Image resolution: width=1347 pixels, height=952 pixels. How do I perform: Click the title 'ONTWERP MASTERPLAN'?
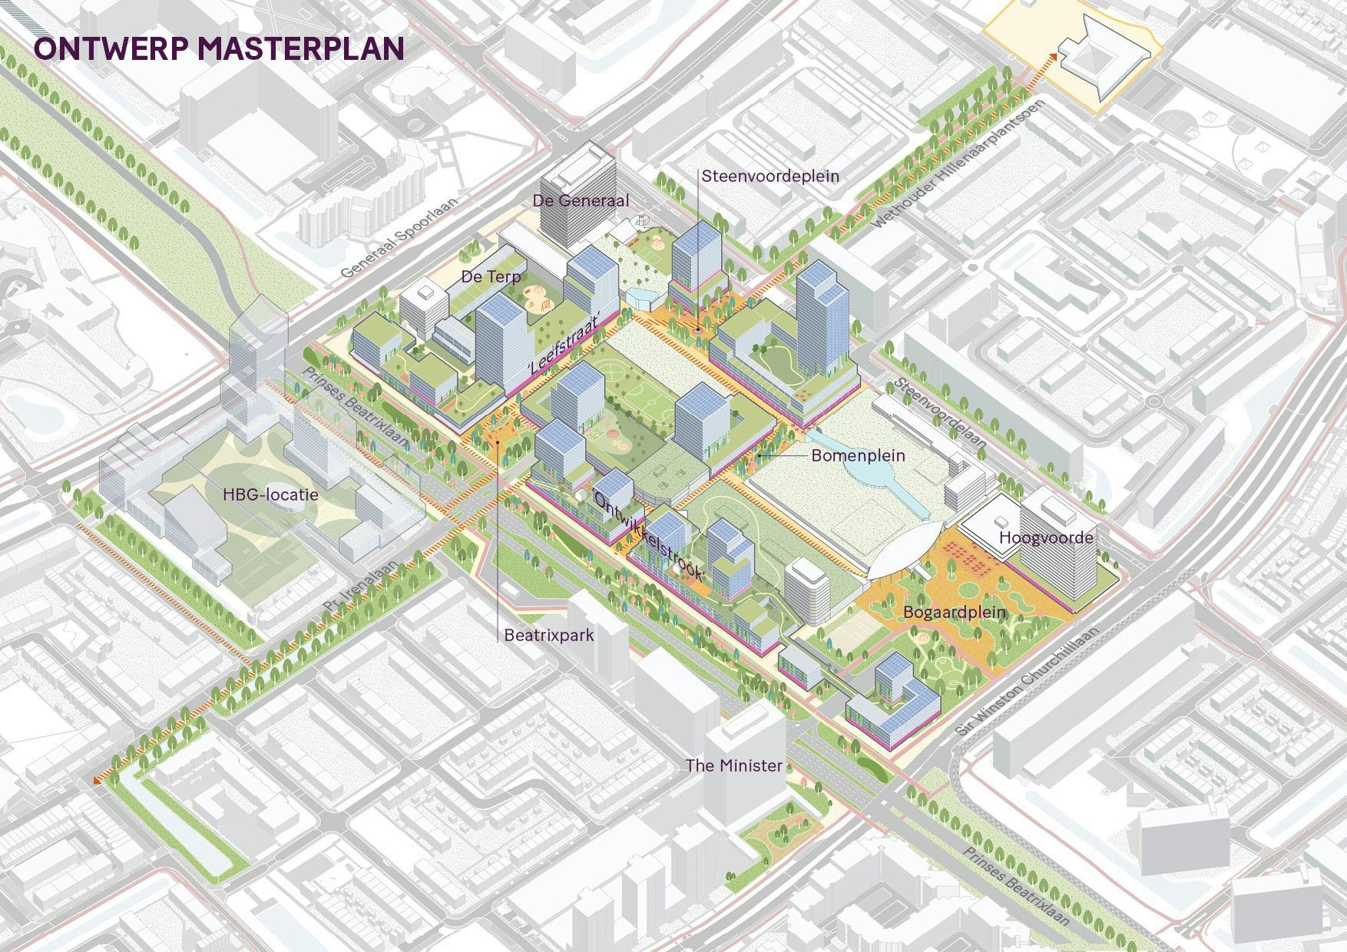coord(219,48)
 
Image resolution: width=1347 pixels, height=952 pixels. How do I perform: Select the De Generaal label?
coord(581,200)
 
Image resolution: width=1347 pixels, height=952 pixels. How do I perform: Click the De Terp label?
coord(491,276)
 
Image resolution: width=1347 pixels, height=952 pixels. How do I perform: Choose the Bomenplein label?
coord(858,455)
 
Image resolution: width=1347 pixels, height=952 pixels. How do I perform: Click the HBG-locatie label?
coord(270,494)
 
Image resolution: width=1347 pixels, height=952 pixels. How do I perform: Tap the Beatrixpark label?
coord(548,636)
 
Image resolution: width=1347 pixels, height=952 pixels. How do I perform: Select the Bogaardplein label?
coord(954,613)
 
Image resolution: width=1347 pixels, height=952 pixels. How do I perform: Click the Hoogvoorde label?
coord(1045,537)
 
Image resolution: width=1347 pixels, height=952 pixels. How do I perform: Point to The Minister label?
coord(733,765)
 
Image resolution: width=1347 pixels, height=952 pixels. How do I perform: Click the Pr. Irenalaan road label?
coord(361,586)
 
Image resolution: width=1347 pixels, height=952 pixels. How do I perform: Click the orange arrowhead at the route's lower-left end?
coord(98,780)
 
